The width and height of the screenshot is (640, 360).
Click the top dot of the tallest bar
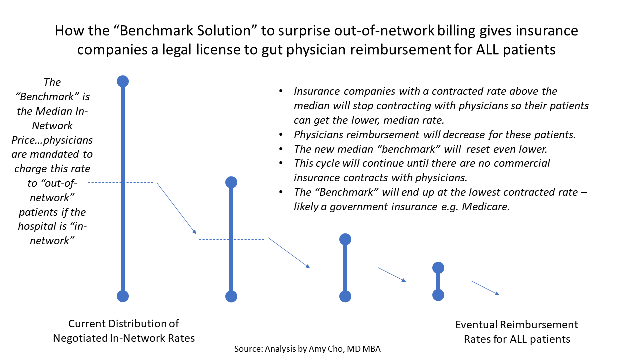pyautogui.click(x=123, y=81)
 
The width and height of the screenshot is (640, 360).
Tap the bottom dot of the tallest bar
pyautogui.click(x=123, y=296)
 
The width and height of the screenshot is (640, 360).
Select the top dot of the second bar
pyautogui.click(x=231, y=182)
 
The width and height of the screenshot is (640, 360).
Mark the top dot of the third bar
pyautogui.click(x=345, y=239)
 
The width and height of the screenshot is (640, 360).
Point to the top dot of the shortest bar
pyautogui.click(x=438, y=268)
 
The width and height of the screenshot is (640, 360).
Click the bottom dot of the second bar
pyautogui.click(x=231, y=296)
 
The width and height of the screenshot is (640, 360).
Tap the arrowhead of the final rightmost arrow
pyautogui.click(x=497, y=293)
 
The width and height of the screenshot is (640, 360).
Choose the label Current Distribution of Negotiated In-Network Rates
pyautogui.click(x=124, y=331)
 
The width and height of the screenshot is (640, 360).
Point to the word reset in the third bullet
pyautogui.click(x=479, y=149)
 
